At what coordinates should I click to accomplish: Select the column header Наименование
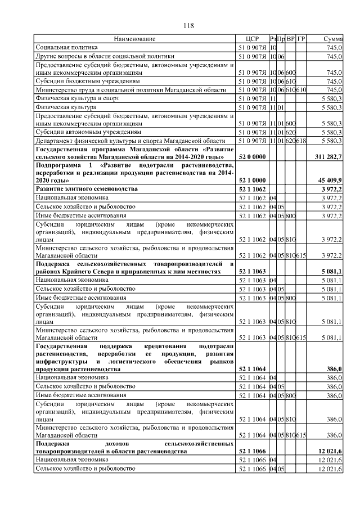point(134,39)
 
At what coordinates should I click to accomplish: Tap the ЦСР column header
point(252,39)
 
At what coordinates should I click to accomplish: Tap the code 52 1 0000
point(252,180)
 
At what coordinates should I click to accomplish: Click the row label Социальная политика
point(66,48)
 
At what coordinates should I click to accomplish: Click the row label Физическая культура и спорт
point(75,98)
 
